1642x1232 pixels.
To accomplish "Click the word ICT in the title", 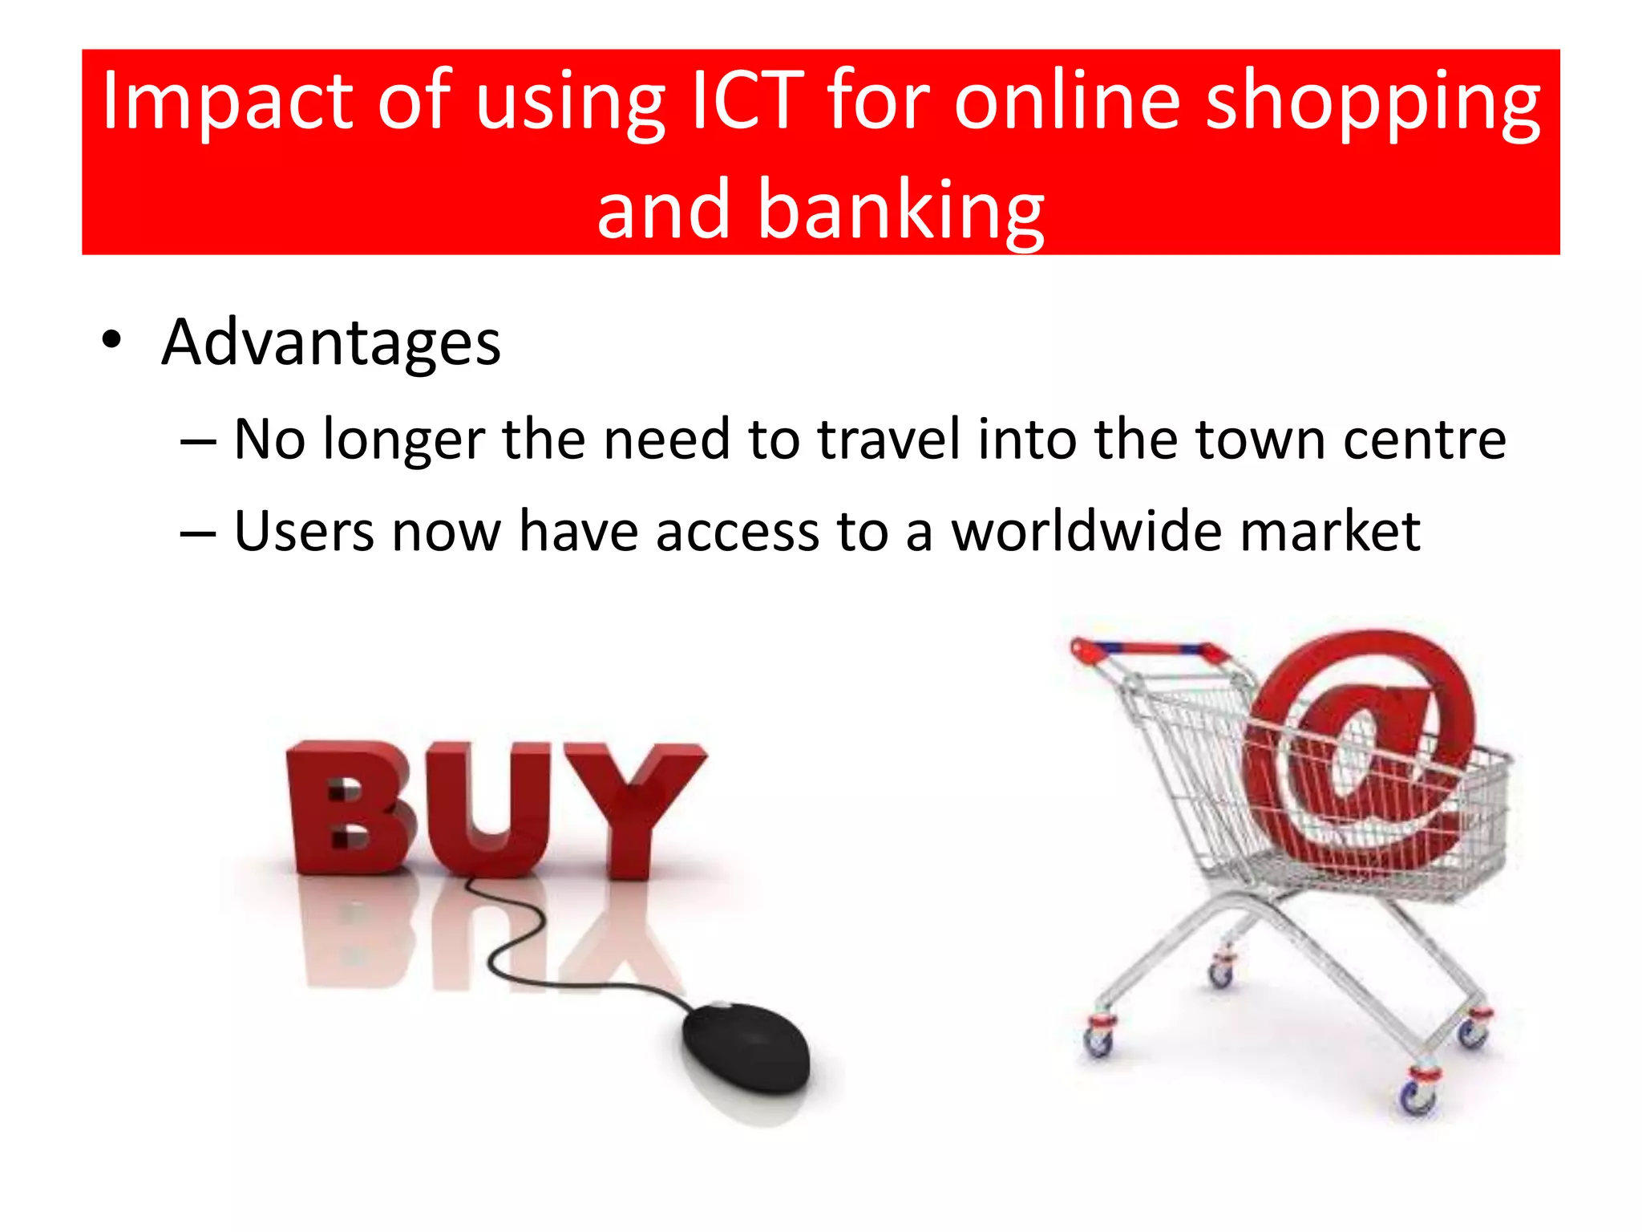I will (746, 100).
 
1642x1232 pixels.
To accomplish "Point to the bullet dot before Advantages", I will (111, 340).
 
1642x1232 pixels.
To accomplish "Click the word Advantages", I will (330, 343).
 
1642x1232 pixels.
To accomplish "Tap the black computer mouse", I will (746, 1047).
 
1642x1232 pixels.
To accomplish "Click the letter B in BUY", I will (349, 808).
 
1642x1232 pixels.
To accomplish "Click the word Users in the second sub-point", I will (303, 531).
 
